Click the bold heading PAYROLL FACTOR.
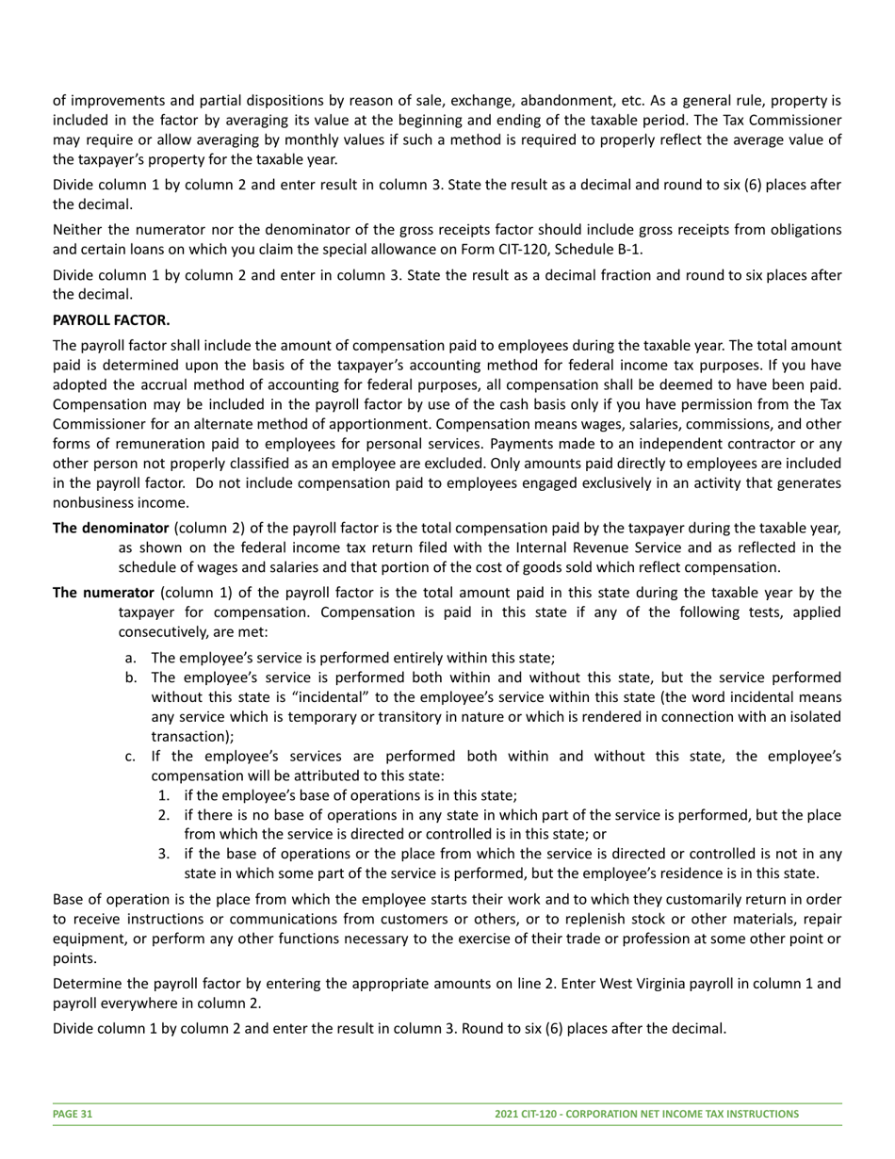(x=111, y=320)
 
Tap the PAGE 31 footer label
(x=73, y=1114)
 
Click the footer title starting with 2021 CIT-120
(x=646, y=1114)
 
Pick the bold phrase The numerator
(x=104, y=593)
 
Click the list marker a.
(x=131, y=658)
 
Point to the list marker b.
(x=131, y=677)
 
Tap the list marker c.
(x=131, y=756)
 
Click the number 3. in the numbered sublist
(x=164, y=854)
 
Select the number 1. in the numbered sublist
(x=164, y=795)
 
